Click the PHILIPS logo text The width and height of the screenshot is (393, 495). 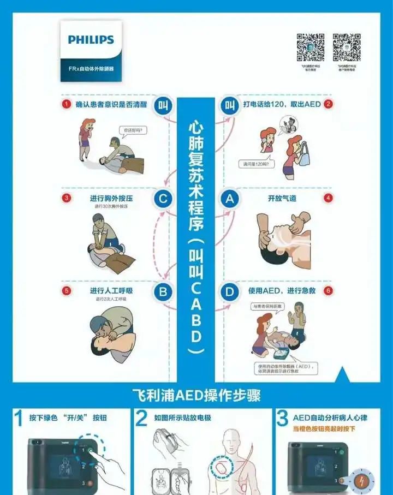click(91, 40)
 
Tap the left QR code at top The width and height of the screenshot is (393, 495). click(311, 48)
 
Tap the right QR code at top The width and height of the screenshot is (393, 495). click(347, 48)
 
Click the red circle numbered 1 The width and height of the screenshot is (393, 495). click(66, 104)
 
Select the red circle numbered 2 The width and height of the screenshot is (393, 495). click(329, 104)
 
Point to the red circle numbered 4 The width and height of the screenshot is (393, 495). click(329, 198)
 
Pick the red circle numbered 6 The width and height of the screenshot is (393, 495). click(329, 291)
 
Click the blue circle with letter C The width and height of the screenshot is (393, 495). click(162, 199)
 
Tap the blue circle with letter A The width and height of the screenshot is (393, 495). click(230, 199)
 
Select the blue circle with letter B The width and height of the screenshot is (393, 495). click(162, 292)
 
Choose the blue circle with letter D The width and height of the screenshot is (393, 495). click(230, 292)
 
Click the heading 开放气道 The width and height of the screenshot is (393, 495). click(282, 198)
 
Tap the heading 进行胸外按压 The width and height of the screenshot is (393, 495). click(111, 198)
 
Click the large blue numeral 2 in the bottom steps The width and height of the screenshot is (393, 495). click(141, 419)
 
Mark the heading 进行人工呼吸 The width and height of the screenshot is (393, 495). click(111, 291)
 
